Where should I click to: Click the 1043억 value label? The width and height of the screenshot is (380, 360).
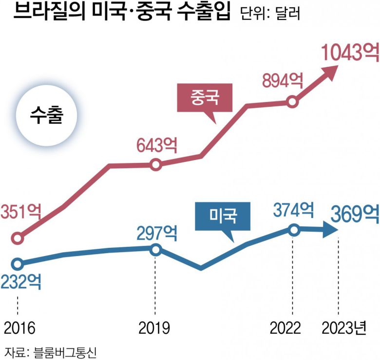point(349,52)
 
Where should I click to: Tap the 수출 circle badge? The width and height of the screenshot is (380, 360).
point(46,118)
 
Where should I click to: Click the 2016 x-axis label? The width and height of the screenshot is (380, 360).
point(18,328)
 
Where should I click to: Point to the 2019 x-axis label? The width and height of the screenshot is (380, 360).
point(154,328)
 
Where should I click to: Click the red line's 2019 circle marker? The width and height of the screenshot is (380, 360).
point(155,165)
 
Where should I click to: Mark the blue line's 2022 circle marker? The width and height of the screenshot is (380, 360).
point(293,230)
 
